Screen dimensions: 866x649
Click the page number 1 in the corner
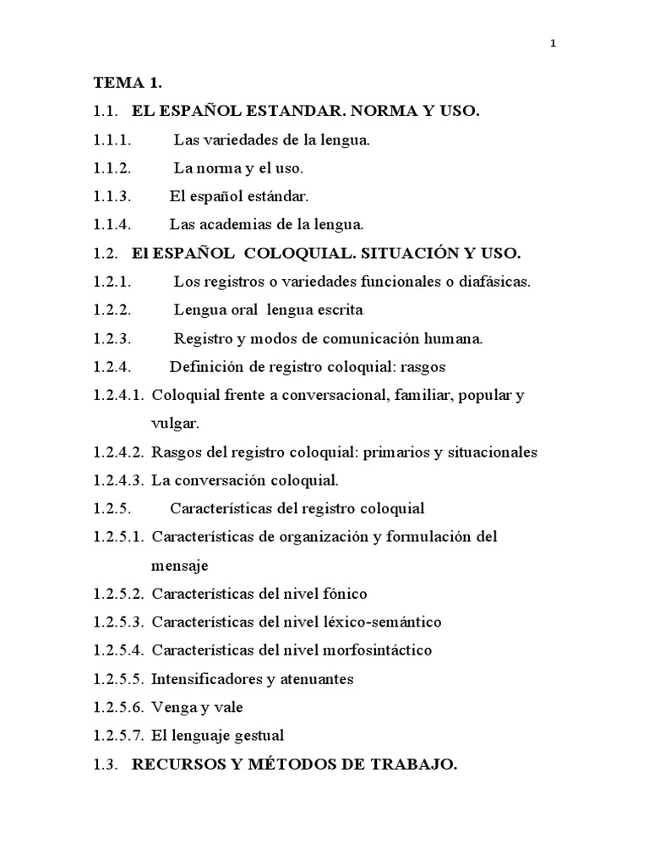(553, 45)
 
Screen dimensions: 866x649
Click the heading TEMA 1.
(128, 83)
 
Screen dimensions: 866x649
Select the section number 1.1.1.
(113, 140)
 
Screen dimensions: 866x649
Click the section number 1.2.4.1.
(119, 395)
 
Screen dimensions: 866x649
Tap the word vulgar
(175, 423)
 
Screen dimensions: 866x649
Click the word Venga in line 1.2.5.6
(172, 707)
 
